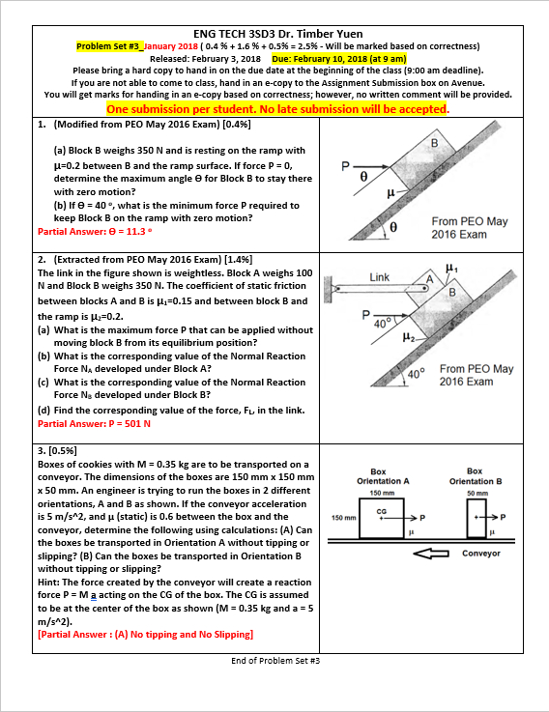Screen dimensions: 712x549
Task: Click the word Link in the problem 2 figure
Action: pos(380,277)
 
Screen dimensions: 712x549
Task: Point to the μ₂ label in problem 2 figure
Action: pos(383,336)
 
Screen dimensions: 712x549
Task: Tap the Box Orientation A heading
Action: pos(383,475)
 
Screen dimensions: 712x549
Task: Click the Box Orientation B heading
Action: pos(474,475)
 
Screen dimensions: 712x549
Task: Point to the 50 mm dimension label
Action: pos(474,493)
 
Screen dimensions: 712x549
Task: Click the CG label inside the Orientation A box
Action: pos(381,510)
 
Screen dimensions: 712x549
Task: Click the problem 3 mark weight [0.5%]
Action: pos(62,450)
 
